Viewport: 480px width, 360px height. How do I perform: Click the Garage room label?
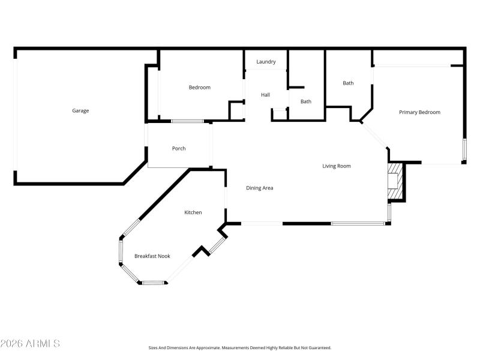coord(80,110)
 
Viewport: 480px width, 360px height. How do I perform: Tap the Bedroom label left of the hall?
coord(200,88)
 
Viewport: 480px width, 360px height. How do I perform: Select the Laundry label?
coord(266,62)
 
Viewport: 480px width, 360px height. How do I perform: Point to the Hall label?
coord(265,95)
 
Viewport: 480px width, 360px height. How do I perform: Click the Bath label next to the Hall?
coord(306,101)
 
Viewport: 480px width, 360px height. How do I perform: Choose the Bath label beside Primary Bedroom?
coord(348,83)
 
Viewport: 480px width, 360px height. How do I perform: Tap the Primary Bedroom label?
coord(420,112)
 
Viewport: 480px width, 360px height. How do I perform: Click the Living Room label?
coord(337,166)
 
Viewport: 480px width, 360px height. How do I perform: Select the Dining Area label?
coord(260,188)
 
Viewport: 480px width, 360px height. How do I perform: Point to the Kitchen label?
coord(193,212)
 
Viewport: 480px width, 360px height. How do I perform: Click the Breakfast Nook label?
coord(152,256)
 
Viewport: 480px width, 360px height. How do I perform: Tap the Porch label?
coord(179,148)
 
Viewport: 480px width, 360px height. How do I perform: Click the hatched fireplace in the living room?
coord(394,181)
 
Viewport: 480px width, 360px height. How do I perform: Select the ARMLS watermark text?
coord(30,344)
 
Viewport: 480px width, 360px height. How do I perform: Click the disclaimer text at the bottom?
coord(240,347)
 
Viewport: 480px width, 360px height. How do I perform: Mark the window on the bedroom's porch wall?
coord(187,122)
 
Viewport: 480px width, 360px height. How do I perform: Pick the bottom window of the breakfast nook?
coord(153,282)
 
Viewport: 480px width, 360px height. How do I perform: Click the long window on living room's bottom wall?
coord(358,224)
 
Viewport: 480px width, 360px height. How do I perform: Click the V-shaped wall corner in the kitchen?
coord(201,251)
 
